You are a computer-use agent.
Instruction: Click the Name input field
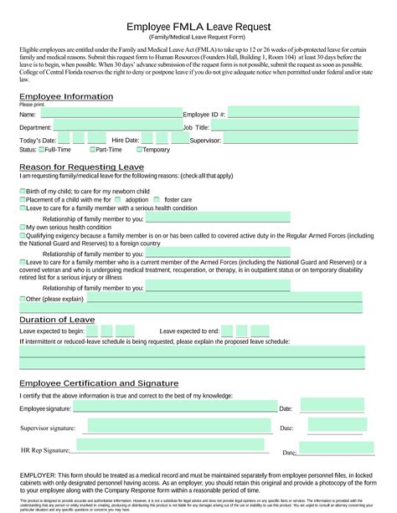pos(109,113)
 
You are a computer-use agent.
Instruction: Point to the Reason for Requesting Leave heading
pos(81,167)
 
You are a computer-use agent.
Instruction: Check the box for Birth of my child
pos(22,192)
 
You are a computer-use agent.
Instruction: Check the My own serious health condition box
pos(22,227)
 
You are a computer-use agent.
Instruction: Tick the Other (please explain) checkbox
pos(22,298)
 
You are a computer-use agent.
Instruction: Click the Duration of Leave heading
pos(58,319)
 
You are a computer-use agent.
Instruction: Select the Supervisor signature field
pos(175,427)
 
